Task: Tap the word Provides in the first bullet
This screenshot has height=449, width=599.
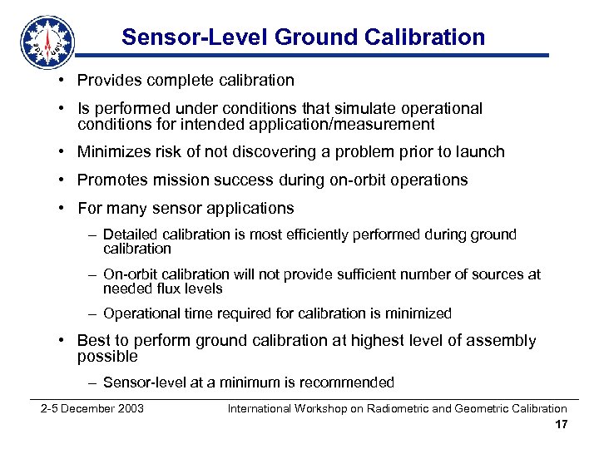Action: coord(108,81)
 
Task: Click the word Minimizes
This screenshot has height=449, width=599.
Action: coord(112,152)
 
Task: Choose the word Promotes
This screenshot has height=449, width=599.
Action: coord(111,180)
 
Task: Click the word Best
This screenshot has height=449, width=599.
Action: coord(92,340)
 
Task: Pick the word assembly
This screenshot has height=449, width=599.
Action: coord(502,340)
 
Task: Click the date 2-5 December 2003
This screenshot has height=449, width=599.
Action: coord(92,408)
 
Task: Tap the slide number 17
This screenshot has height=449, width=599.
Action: coord(561,425)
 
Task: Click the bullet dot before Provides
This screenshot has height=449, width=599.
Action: coord(63,81)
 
